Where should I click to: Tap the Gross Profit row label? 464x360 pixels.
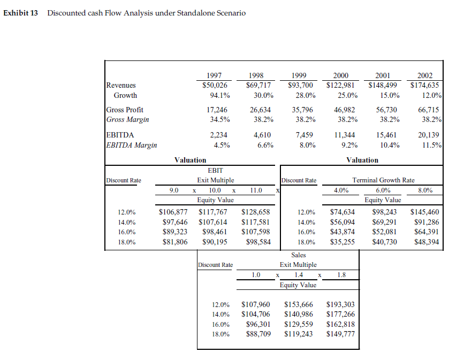[125, 110]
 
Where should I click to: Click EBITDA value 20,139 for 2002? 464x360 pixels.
[431, 135]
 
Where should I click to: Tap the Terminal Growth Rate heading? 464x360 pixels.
[383, 180]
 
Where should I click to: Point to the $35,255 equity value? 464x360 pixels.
[343, 242]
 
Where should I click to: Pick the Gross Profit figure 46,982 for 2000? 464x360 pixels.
[347, 110]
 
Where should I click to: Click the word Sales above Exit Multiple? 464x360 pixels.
[298, 255]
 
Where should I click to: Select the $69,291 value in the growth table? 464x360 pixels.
[383, 222]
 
